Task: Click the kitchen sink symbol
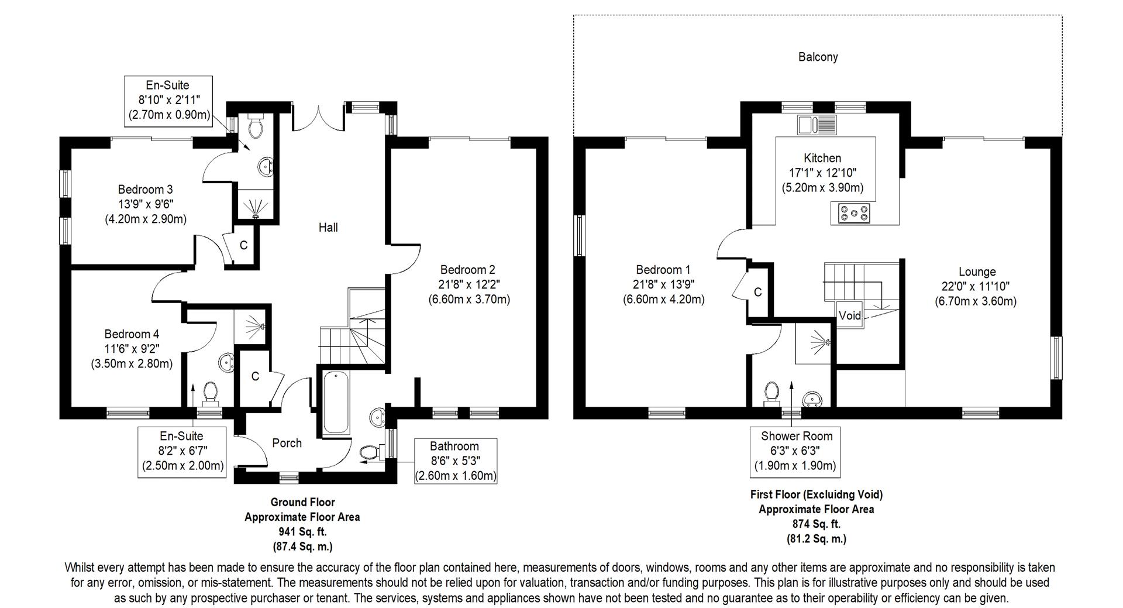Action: pos(817,125)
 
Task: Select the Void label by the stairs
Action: pos(849,315)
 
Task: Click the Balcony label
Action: pos(818,57)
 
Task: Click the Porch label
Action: pos(287,443)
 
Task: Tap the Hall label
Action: pos(328,227)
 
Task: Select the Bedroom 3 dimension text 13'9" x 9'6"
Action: pos(145,204)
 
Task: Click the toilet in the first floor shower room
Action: pos(772,393)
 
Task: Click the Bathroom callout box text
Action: pos(455,461)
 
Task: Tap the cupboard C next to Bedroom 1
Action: pos(757,292)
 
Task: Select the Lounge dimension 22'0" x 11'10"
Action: pos(977,287)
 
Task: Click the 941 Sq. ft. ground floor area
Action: pos(302,532)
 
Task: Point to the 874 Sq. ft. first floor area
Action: pos(816,524)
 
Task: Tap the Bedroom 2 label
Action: pos(467,270)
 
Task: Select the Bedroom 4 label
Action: pos(132,334)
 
